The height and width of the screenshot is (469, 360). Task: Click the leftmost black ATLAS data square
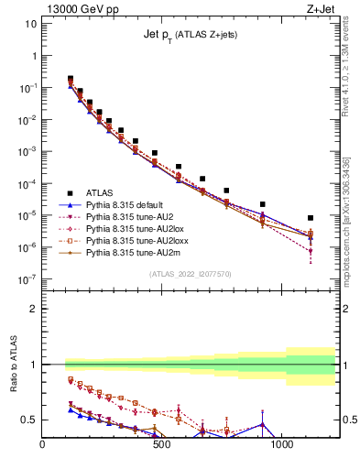coord(71,79)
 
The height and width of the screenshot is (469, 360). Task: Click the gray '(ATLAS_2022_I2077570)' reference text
coord(190,272)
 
